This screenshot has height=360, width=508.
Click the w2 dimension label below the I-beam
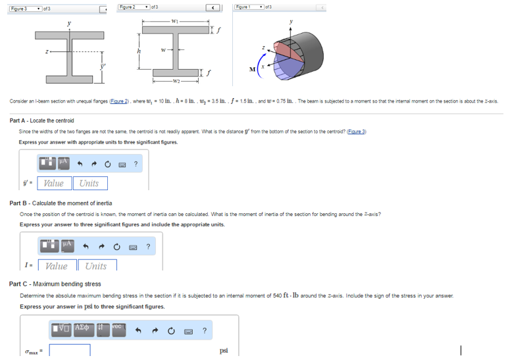174,82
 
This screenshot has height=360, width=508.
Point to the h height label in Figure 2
139,53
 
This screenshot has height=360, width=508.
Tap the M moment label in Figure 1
251,68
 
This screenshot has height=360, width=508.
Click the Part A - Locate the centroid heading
42,120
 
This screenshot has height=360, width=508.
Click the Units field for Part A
89,183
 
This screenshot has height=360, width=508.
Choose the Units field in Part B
96,266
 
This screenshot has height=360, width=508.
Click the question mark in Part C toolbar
205,330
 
